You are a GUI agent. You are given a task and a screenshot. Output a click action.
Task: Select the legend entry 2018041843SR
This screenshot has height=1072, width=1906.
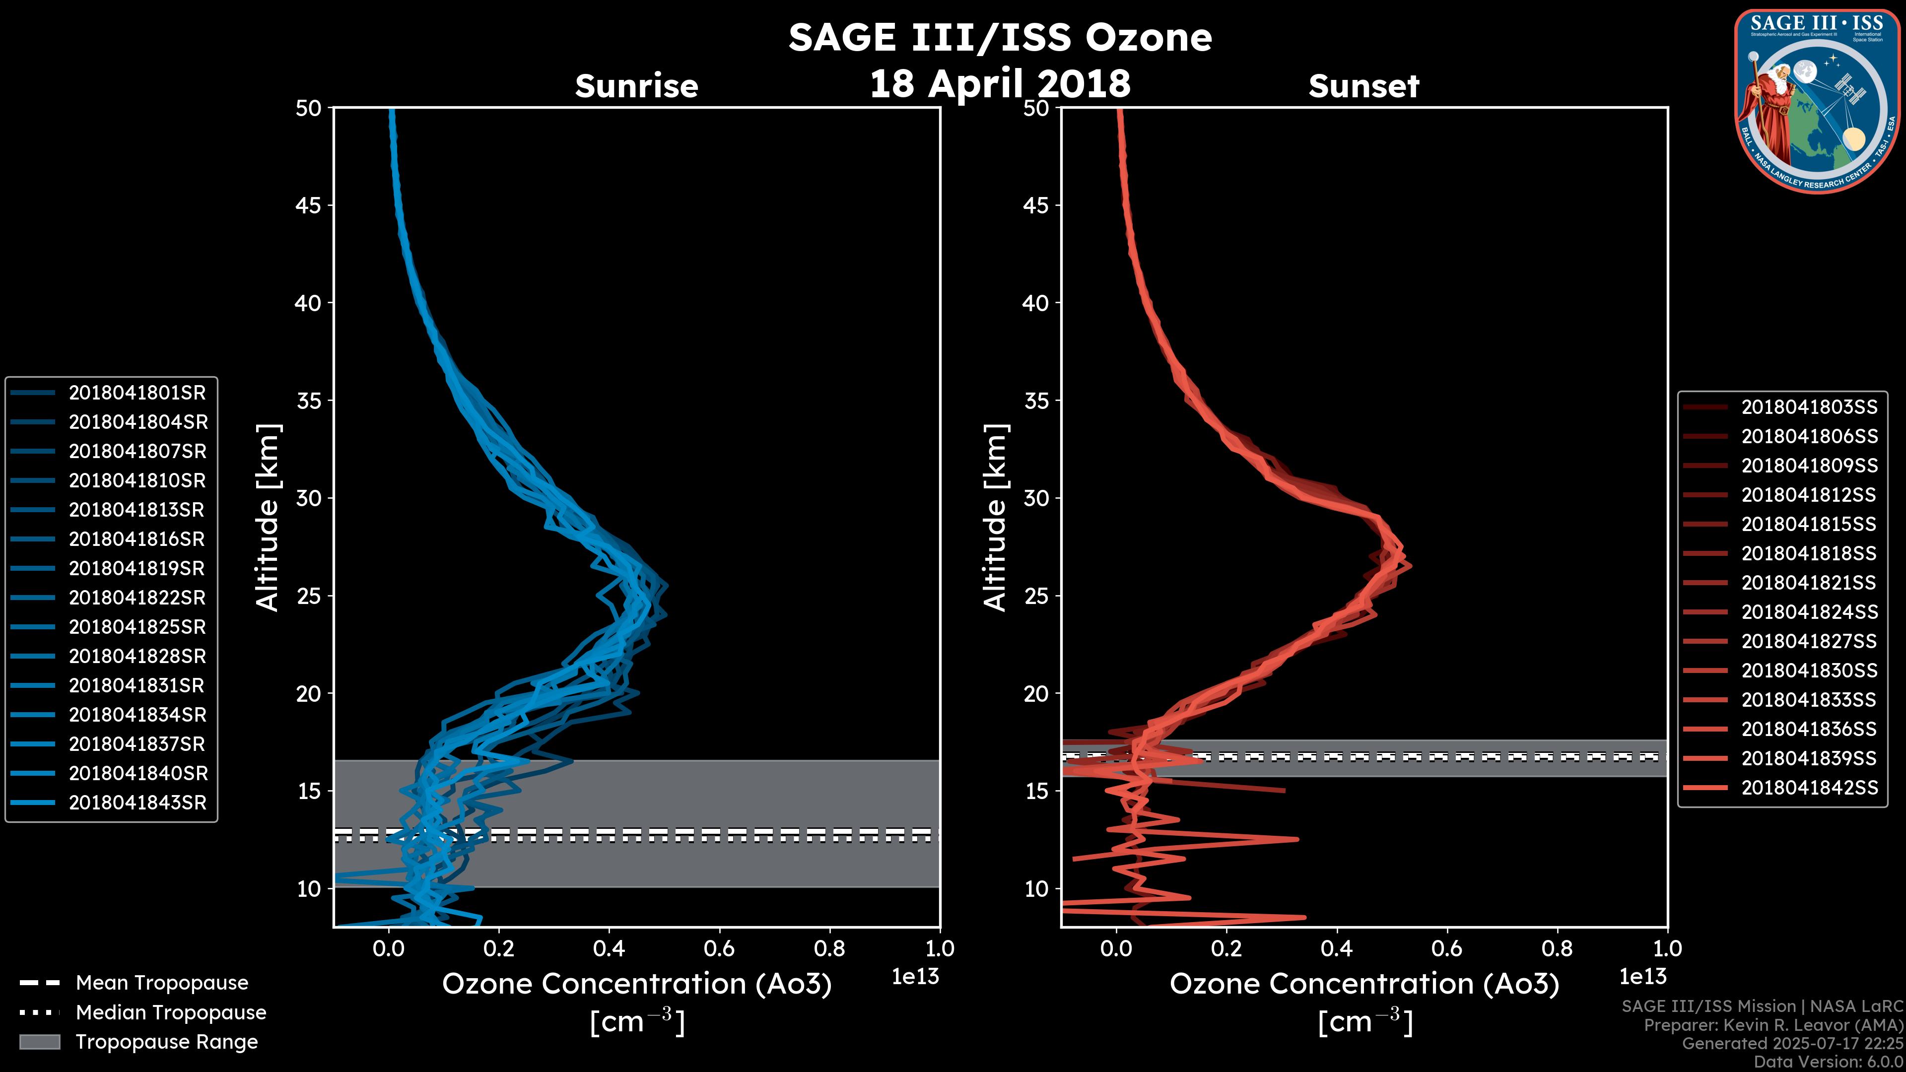(x=137, y=803)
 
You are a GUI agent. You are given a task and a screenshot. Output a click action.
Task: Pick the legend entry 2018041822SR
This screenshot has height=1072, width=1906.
(x=137, y=598)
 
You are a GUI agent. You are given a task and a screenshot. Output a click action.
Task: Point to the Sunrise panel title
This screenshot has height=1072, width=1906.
(x=636, y=86)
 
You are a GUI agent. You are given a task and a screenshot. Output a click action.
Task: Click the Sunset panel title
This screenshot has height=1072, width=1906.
(x=1363, y=86)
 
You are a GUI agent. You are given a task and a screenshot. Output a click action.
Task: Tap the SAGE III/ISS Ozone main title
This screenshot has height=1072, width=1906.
(x=1000, y=37)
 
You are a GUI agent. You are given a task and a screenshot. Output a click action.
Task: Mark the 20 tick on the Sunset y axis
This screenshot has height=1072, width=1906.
(x=1036, y=693)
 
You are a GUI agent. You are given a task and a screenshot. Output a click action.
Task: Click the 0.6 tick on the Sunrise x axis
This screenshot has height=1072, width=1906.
(x=719, y=948)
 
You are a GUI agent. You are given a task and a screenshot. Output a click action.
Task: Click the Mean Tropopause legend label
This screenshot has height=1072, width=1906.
(x=162, y=983)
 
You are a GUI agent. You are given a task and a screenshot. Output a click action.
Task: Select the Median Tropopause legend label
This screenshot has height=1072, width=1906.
(x=171, y=1013)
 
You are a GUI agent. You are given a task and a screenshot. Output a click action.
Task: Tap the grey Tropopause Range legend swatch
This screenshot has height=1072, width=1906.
(x=39, y=1042)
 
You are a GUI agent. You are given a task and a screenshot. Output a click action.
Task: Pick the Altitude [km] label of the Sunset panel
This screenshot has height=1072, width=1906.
(x=995, y=518)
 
